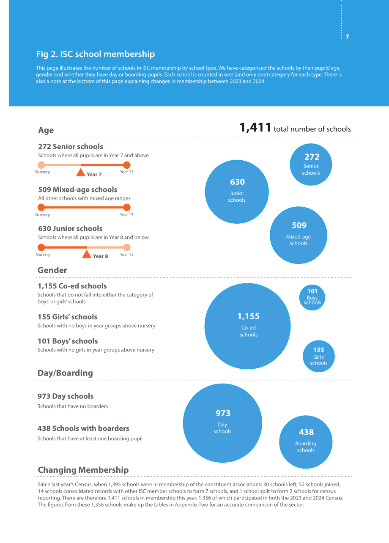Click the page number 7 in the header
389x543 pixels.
coord(347,37)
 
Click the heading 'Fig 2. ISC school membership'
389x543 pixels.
coord(96,54)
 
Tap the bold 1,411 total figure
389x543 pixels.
coord(255,127)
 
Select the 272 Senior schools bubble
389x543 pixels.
coord(311,165)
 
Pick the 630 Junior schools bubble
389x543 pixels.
coord(237,192)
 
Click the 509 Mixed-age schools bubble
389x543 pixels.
coord(299,235)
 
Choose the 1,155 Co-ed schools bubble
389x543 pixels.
coord(247,326)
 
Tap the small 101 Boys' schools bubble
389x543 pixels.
coord(312,297)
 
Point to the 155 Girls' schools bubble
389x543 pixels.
coord(319,356)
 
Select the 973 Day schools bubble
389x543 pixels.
coord(222,423)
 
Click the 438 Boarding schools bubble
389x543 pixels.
coord(306,442)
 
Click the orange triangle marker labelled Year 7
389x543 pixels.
coord(81,173)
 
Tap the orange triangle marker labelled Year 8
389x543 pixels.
coord(87,254)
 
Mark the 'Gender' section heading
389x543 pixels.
coord(52,270)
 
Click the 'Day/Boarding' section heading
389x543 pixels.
coord(65,373)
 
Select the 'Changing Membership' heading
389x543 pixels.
coord(83,470)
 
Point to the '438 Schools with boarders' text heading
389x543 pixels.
coord(83,428)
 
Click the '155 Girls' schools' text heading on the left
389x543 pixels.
coord(67,317)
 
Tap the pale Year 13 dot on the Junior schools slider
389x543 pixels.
coord(127,247)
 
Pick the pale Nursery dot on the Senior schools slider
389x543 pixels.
coord(41,165)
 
